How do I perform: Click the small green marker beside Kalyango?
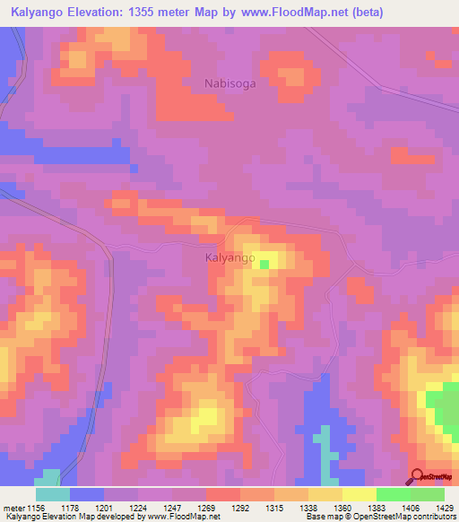click(x=264, y=264)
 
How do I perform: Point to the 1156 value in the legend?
click(x=36, y=507)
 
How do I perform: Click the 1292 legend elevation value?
click(x=240, y=507)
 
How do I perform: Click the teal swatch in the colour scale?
click(x=53, y=494)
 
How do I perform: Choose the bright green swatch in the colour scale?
click(x=428, y=494)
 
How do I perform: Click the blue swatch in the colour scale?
click(x=87, y=494)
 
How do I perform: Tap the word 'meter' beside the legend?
click(x=13, y=507)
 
